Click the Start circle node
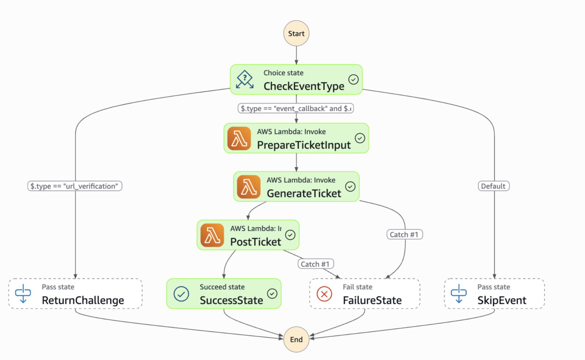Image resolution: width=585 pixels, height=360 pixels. tap(296, 33)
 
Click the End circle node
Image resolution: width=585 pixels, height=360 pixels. tap(296, 339)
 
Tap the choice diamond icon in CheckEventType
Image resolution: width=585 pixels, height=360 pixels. tap(245, 79)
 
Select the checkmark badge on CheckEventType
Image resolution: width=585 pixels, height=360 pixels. tap(353, 79)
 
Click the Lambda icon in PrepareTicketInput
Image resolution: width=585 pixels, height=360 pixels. tap(239, 139)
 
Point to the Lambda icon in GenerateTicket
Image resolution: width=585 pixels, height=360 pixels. tap(249, 187)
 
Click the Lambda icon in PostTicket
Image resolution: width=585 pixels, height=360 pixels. tap(212, 235)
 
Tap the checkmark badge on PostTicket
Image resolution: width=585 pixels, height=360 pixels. tap(290, 235)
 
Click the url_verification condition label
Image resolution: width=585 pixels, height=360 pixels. tap(75, 186)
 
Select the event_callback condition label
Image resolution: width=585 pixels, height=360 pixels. tap(296, 108)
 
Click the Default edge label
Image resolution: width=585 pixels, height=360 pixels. tap(493, 186)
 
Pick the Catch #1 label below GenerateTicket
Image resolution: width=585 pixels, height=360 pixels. tap(404, 234)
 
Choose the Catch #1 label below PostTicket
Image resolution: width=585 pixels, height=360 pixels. tap(316, 264)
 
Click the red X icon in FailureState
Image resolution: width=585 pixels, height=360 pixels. tap(324, 294)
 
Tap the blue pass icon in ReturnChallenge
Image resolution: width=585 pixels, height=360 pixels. tap(23, 293)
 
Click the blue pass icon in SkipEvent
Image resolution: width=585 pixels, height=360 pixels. tap(458, 293)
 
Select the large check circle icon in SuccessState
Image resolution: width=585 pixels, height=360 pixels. tap(181, 294)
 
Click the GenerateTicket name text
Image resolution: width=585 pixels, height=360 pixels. tap(304, 193)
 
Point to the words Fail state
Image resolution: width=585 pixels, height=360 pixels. tap(357, 287)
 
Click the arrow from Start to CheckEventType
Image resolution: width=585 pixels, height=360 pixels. tap(296, 55)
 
